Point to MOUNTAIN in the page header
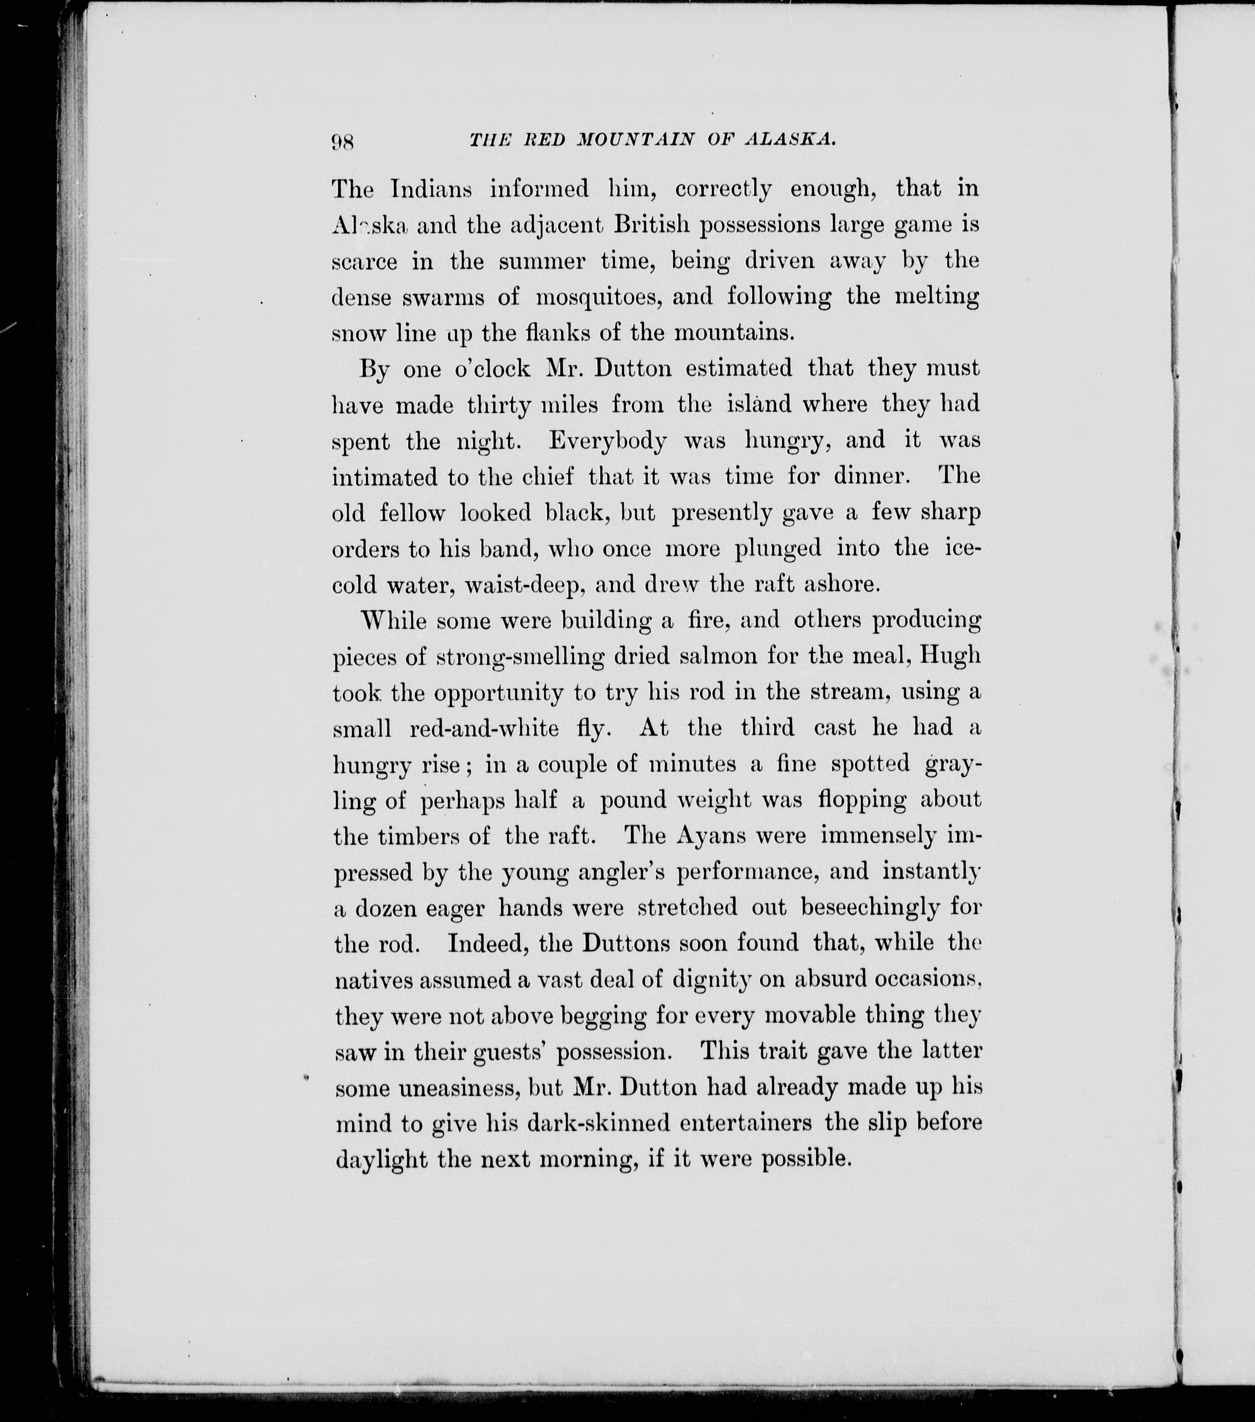[x=636, y=139]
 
